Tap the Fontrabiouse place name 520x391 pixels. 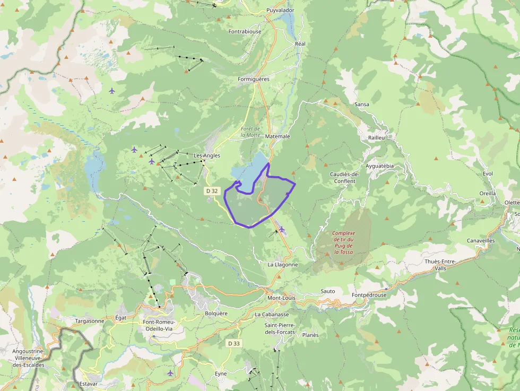click(245, 31)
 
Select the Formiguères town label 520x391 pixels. click(254, 79)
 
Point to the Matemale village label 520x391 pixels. click(278, 136)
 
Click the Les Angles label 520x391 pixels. click(207, 155)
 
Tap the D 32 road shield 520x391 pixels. click(212, 190)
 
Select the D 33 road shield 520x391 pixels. click(233, 343)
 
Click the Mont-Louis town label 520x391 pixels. click(281, 298)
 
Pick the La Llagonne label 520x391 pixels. click(283, 264)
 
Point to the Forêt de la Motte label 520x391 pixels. click(250, 132)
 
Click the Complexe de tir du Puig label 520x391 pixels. click(344, 242)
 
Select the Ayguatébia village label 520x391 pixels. click(380, 166)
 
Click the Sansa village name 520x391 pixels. click(362, 105)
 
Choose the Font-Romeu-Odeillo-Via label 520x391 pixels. click(158, 325)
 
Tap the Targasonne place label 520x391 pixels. click(90, 321)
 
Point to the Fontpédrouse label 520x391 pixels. click(369, 294)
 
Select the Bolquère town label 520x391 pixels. click(216, 313)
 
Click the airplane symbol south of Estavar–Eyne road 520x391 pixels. click(170, 373)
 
